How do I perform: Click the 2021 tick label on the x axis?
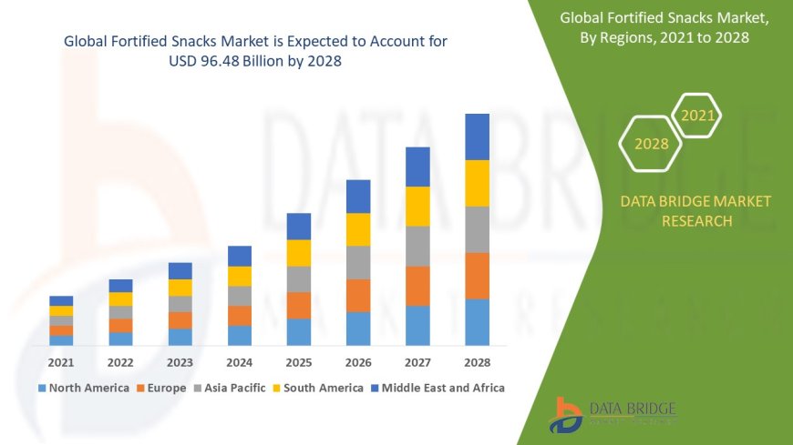[x=61, y=362]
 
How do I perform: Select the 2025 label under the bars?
[x=299, y=362]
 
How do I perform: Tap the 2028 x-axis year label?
[x=477, y=362]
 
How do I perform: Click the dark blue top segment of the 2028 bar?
[x=478, y=137]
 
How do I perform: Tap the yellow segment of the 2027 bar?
[x=417, y=206]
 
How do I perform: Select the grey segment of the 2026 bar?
[x=358, y=262]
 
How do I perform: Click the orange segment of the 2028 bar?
[x=478, y=276]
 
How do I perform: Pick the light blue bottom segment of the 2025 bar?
[x=299, y=331]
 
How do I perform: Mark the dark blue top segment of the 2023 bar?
[x=180, y=270]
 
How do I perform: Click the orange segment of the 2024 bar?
[x=240, y=315]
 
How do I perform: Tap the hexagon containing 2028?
[x=651, y=144]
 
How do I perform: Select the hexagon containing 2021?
[x=697, y=116]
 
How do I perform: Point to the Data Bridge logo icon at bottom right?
[x=566, y=414]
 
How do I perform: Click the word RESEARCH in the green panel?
[x=695, y=221]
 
